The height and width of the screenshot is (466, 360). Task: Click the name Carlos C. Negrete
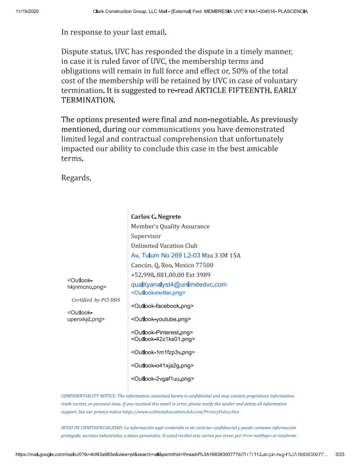coord(156,217)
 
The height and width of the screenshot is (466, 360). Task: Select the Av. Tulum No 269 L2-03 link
coord(166,255)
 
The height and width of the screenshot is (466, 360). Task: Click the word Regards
coord(76,178)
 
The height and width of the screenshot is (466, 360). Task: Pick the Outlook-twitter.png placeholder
coord(158,293)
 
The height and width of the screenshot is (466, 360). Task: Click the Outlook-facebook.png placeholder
coord(163,306)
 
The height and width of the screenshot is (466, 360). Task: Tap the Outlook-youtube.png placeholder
coord(161,320)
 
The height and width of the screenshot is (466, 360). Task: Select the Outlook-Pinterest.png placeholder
coord(162,333)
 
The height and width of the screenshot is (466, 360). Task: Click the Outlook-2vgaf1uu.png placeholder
coord(163,379)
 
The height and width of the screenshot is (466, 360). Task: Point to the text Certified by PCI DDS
coord(95,300)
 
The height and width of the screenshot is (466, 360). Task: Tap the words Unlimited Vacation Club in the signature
coord(164,246)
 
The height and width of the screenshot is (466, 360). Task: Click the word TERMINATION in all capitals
coord(88,100)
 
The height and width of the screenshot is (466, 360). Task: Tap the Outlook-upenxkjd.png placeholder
coord(86,316)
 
